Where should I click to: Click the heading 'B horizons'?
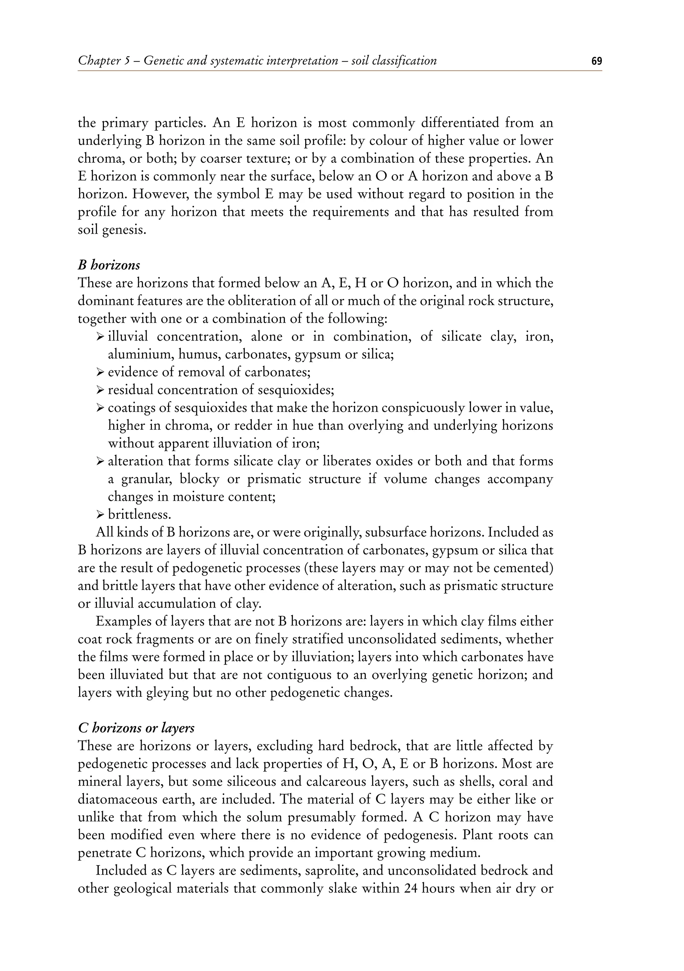pos(109,265)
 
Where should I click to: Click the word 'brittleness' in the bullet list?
pos(133,515)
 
